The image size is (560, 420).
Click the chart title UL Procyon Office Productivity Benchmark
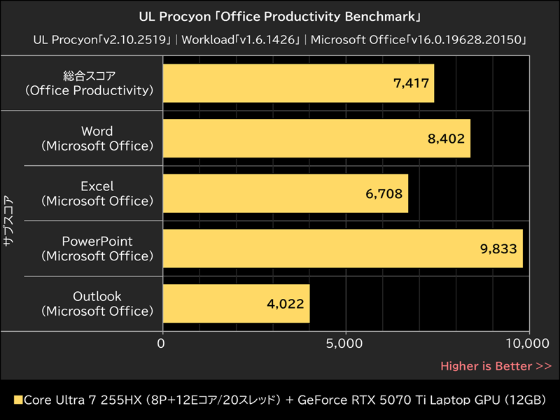pos(280,15)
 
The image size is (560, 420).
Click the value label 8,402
pos(446,139)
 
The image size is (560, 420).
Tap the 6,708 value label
pos(384,193)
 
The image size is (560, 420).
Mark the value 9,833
pos(498,248)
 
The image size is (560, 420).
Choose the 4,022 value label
pos(286,303)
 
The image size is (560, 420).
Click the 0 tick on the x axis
pos(162,344)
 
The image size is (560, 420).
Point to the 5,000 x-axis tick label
pos(346,344)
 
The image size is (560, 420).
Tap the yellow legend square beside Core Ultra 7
pos(18,400)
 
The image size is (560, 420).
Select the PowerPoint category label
pos(97,248)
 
